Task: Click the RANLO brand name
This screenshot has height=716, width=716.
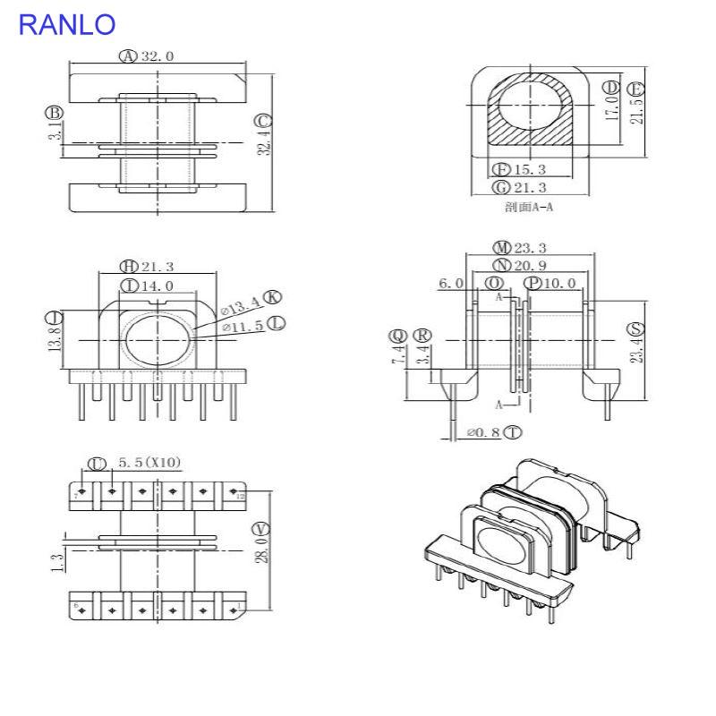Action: pos(67,24)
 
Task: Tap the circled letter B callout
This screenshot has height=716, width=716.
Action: pos(55,113)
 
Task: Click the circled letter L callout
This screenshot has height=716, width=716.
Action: pos(277,322)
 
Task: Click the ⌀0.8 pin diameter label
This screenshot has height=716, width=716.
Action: pos(483,433)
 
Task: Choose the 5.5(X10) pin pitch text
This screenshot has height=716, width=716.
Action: pos(149,463)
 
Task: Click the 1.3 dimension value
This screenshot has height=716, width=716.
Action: pos(57,562)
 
